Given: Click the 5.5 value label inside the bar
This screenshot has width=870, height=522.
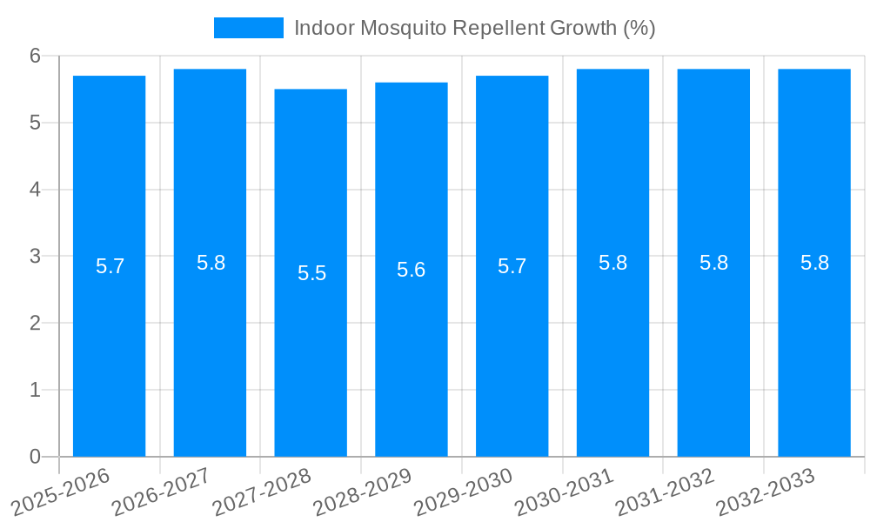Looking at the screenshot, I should pyautogui.click(x=311, y=273).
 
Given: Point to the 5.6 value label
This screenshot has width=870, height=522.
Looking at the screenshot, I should pyautogui.click(x=411, y=270).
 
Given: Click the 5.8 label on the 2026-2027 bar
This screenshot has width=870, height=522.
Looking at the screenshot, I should pyautogui.click(x=211, y=263).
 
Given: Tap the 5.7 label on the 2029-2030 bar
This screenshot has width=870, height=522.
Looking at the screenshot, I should pyautogui.click(x=512, y=266).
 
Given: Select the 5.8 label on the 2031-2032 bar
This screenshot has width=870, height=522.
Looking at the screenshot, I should pyautogui.click(x=713, y=263).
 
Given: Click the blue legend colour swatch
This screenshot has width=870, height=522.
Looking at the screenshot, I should pyautogui.click(x=249, y=28).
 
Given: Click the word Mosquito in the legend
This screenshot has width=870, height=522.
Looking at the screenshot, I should pyautogui.click(x=395, y=28).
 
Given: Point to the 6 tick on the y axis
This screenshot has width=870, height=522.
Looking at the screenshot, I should pyautogui.click(x=36, y=56).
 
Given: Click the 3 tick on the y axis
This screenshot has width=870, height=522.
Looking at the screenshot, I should pyautogui.click(x=36, y=257).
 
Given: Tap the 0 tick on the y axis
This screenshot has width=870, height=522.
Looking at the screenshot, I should pyautogui.click(x=36, y=457).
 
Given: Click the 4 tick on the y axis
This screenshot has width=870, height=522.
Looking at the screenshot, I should pyautogui.click(x=36, y=190).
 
